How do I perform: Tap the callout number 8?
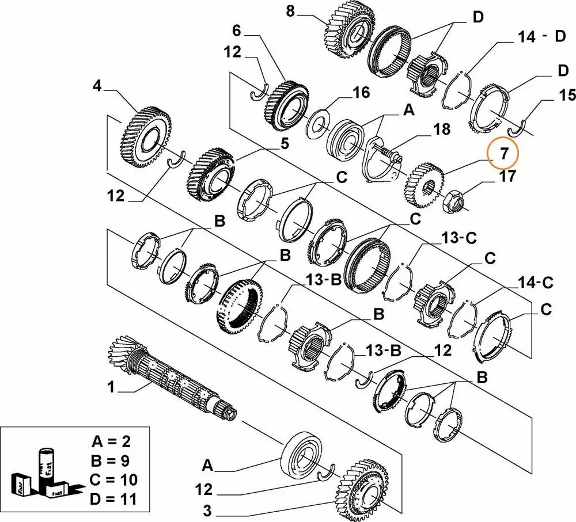coord(290,10)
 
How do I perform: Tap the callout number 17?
coord(507,176)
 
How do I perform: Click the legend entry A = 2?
coord(114,442)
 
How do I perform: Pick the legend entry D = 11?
coord(114,498)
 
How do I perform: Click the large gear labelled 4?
coord(141,137)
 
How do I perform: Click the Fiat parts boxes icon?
coord(43,474)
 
